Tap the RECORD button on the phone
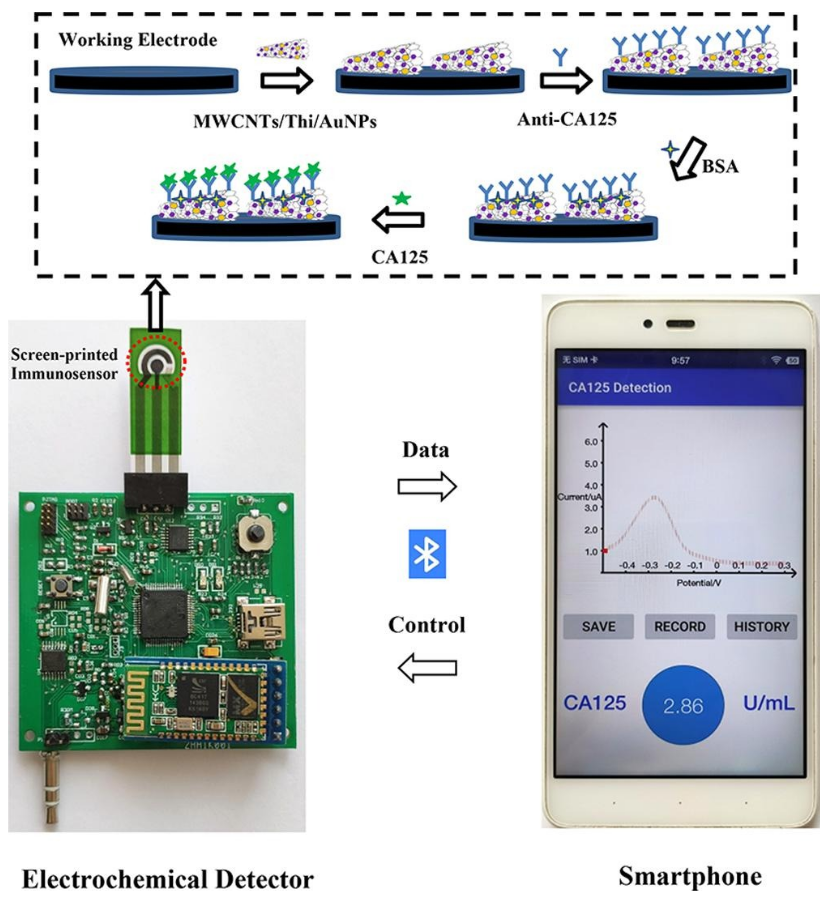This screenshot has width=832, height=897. [680, 627]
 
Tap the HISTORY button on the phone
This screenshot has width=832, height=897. [762, 627]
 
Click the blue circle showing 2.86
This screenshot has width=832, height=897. [683, 705]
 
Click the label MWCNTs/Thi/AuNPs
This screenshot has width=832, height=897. [285, 121]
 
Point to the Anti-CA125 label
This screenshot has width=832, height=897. [567, 119]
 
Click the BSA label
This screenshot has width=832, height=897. [720, 167]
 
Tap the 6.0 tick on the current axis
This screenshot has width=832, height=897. [591, 441]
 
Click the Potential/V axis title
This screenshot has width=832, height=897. [699, 583]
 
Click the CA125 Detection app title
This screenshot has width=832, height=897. [619, 387]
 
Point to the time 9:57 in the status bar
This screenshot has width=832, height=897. [680, 360]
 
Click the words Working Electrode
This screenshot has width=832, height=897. [138, 40]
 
